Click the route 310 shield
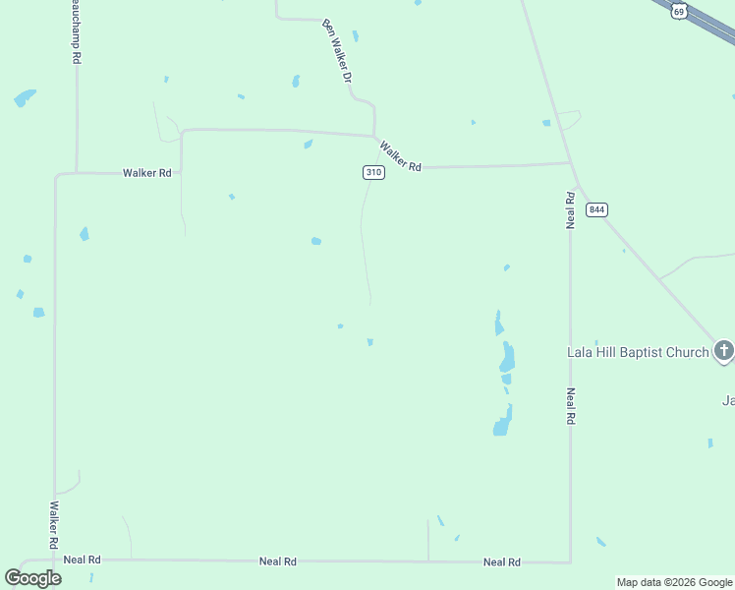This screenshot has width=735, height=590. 373,172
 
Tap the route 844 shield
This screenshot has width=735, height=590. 596,209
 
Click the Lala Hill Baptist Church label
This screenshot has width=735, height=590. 638,352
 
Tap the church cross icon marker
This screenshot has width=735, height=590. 723,350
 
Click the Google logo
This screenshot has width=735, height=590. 33,578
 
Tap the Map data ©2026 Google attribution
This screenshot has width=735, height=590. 674,582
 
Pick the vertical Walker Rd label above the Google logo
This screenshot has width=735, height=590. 54,526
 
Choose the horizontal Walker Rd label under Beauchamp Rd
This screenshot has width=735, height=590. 147,173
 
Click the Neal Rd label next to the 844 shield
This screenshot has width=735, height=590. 570,210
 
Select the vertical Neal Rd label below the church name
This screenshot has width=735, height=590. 570,405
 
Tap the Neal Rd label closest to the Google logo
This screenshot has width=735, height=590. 82,560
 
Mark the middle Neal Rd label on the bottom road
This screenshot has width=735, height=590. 278,561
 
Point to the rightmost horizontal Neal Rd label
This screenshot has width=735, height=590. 501,562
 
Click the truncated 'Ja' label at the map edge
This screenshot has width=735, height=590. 728,400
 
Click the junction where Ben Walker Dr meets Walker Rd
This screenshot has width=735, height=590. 374,136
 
